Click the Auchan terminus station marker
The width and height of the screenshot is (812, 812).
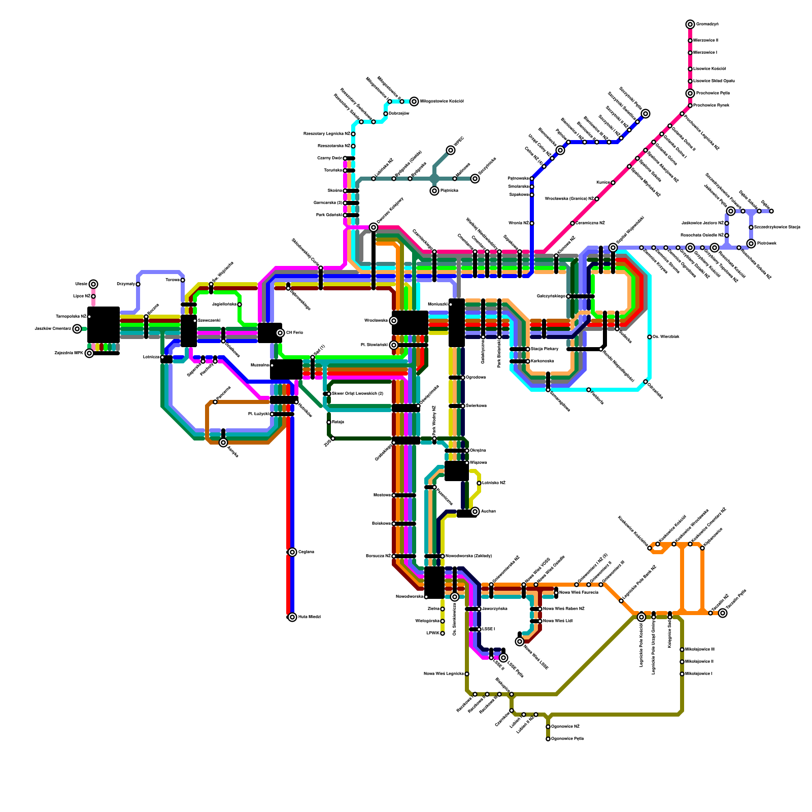[x=475, y=512]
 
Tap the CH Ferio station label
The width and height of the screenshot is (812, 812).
[x=294, y=333]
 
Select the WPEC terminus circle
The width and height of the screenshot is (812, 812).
[x=451, y=150]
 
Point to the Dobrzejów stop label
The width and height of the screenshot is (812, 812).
[x=398, y=114]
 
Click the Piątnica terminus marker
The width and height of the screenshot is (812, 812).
[x=434, y=191]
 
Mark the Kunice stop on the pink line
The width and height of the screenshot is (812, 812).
[x=613, y=183]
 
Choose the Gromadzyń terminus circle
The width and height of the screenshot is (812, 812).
[x=690, y=24]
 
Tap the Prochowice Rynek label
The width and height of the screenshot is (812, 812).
[x=713, y=106]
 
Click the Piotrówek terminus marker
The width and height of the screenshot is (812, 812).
[x=751, y=244]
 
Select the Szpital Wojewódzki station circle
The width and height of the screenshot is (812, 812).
[x=613, y=248]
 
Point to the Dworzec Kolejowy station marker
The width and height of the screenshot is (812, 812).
[x=374, y=227]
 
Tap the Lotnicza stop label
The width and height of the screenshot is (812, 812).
[x=151, y=357]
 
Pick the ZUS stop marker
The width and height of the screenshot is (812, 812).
[x=333, y=438]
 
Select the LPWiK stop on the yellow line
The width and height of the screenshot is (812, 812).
[x=443, y=633]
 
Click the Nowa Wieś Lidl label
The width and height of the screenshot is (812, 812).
[x=558, y=621]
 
